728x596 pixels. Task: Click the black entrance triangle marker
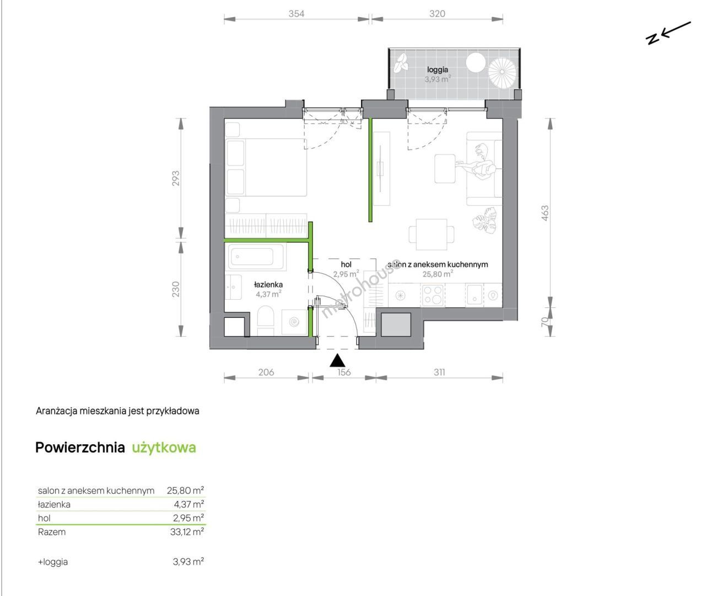click(337, 360)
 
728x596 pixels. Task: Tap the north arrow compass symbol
click(667, 34)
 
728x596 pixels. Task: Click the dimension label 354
click(296, 13)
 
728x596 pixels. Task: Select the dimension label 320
click(437, 13)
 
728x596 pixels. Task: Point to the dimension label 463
click(544, 214)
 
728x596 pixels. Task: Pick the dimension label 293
click(176, 178)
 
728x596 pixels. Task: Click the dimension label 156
click(344, 372)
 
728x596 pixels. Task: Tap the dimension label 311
click(439, 372)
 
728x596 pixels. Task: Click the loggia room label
click(438, 70)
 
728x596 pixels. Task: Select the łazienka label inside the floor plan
click(268, 285)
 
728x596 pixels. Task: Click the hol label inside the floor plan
click(346, 264)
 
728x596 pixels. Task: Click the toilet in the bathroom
click(266, 320)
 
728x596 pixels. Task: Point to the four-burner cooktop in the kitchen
click(433, 295)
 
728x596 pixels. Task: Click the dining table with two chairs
click(432, 235)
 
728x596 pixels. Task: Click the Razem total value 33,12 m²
click(187, 531)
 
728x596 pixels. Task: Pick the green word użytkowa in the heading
click(164, 448)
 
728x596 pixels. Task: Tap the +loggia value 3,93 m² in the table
click(188, 561)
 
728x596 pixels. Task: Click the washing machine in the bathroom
click(294, 322)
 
